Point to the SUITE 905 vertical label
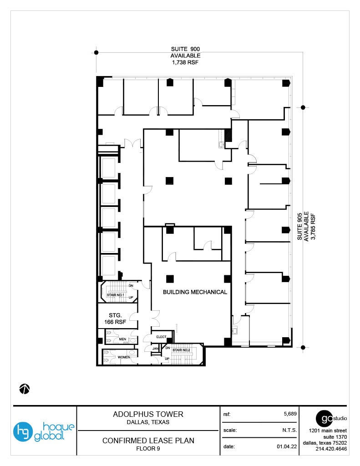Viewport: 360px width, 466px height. pyautogui.click(x=300, y=226)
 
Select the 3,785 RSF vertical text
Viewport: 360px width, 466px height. pyautogui.click(x=313, y=226)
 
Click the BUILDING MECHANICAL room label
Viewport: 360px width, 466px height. pyautogui.click(x=195, y=292)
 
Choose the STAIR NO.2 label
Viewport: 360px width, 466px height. pyautogui.click(x=181, y=350)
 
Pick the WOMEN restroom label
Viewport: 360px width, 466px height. pyautogui.click(x=124, y=357)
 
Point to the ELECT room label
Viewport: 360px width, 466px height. pyautogui.click(x=162, y=337)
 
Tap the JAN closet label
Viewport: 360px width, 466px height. pyautogui.click(x=155, y=349)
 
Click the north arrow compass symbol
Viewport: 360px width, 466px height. pyautogui.click(x=25, y=389)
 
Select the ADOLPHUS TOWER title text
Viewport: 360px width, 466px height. pyautogui.click(x=148, y=414)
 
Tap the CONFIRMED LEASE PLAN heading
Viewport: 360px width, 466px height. pyautogui.click(x=148, y=441)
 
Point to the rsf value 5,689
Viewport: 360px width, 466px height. pyautogui.click(x=290, y=414)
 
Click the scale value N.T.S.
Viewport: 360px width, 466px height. pyautogui.click(x=289, y=430)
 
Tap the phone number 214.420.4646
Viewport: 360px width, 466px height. pyautogui.click(x=331, y=449)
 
